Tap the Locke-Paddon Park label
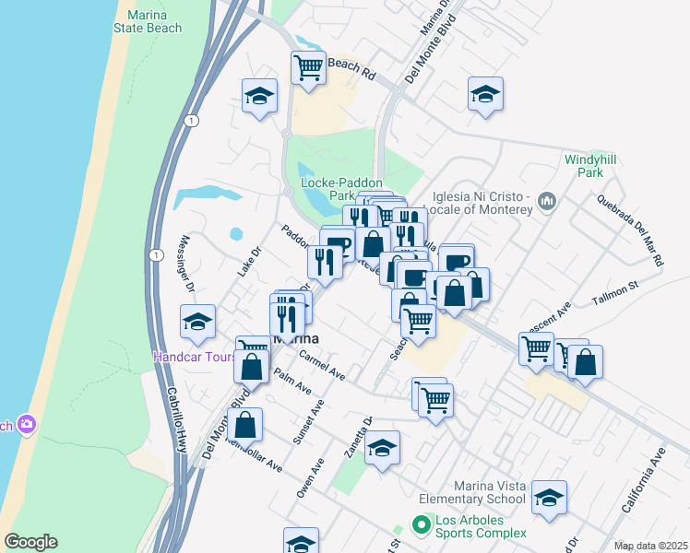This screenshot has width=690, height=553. click(x=328, y=189)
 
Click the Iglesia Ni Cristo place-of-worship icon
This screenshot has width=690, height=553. click(x=546, y=200)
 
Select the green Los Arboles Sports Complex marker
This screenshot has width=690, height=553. click(x=422, y=524)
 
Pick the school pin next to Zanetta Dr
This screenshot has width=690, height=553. click(x=382, y=449)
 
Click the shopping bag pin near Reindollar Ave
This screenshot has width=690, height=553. click(x=244, y=426)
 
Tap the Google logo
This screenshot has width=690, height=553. click(x=30, y=542)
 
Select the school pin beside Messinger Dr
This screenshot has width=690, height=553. click(x=197, y=322)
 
